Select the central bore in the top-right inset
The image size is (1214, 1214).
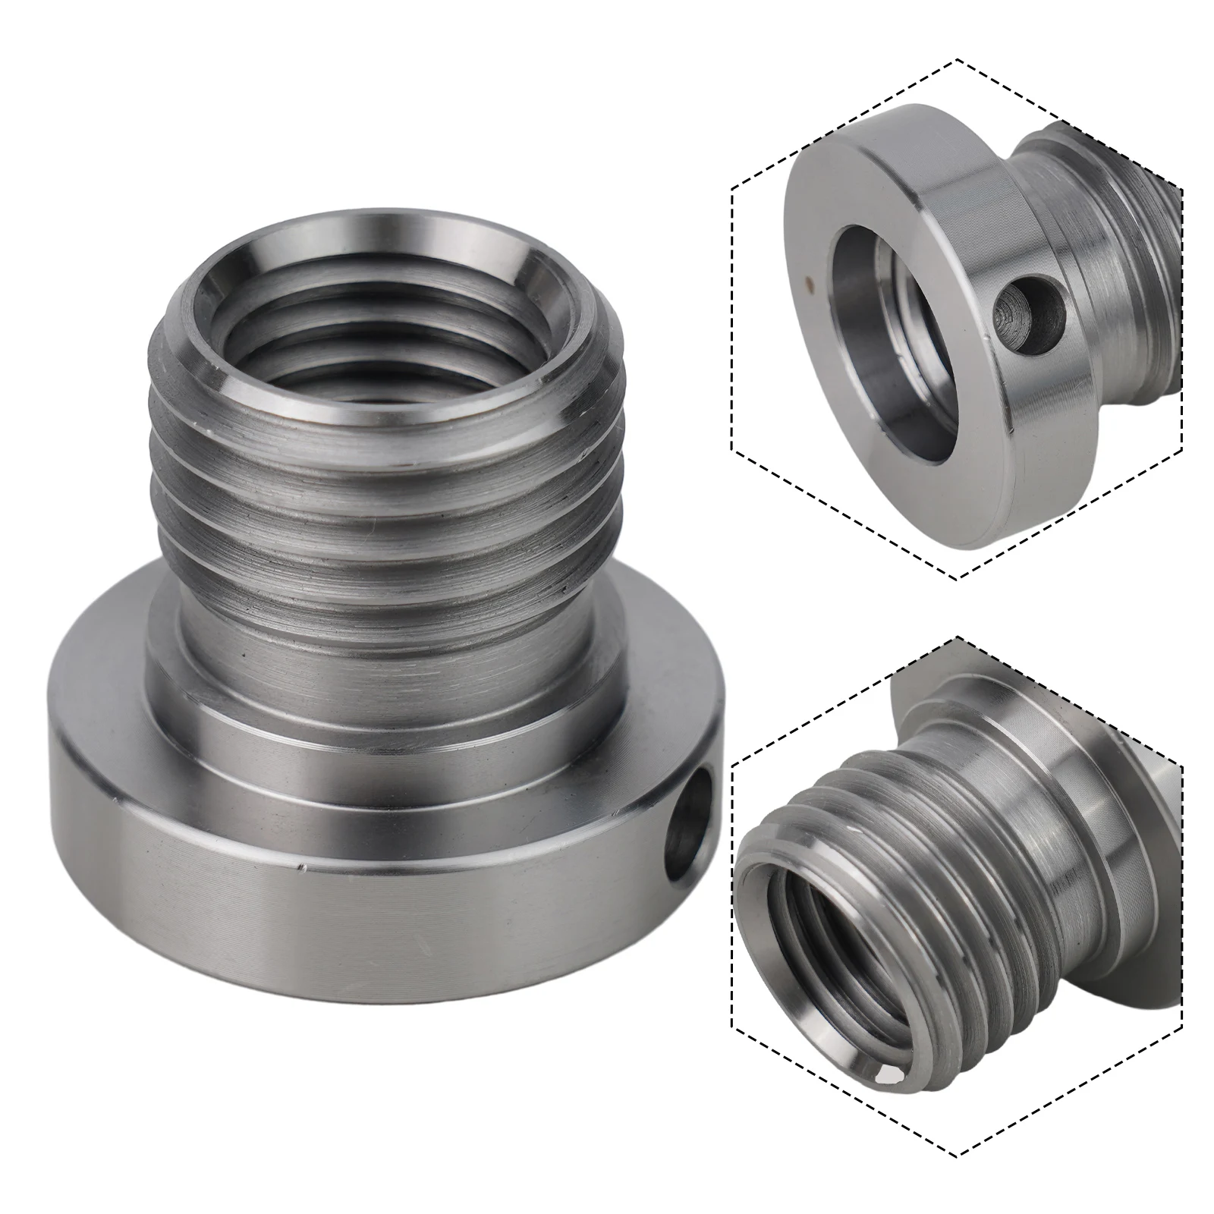[895, 334]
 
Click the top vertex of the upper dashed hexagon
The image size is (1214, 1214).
[958, 59]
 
